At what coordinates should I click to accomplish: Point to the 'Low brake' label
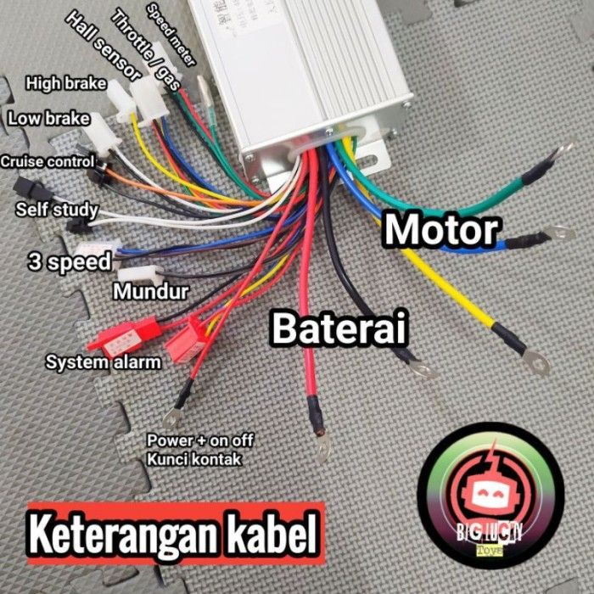coord(48,119)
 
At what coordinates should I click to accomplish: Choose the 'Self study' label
coord(57,209)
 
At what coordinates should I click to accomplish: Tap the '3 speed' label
coord(69,262)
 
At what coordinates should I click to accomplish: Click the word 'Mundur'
coord(151,293)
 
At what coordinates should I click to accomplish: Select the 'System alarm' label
coord(104,363)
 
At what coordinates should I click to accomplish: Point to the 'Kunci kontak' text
coord(194,459)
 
